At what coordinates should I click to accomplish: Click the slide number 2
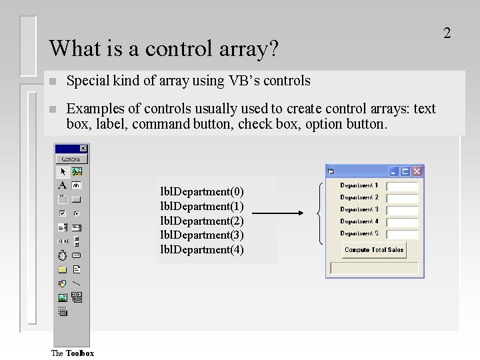pyautogui.click(x=447, y=33)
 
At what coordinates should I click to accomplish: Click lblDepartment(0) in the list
pyautogui.click(x=202, y=192)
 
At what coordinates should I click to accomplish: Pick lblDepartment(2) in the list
pyautogui.click(x=202, y=221)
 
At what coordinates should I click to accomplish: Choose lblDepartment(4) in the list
pyautogui.click(x=202, y=249)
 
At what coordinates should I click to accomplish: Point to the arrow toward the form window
pyautogui.click(x=277, y=213)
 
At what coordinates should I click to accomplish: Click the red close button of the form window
pyautogui.click(x=417, y=171)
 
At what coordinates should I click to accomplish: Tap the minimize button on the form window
pyautogui.click(x=394, y=171)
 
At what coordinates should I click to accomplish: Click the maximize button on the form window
pyautogui.click(x=405, y=171)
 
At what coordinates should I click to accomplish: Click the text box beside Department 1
pyautogui.click(x=402, y=187)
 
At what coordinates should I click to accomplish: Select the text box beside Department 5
pyautogui.click(x=402, y=235)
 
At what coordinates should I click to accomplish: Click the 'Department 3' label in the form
pyautogui.click(x=359, y=209)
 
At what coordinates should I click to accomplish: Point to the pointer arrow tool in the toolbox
pyautogui.click(x=62, y=172)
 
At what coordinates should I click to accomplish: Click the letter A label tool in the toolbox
pyautogui.click(x=62, y=185)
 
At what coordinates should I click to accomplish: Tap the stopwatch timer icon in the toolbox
pyautogui.click(x=62, y=255)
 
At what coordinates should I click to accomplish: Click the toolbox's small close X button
pyautogui.click(x=83, y=149)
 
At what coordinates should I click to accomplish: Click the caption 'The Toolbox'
pyautogui.click(x=73, y=353)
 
